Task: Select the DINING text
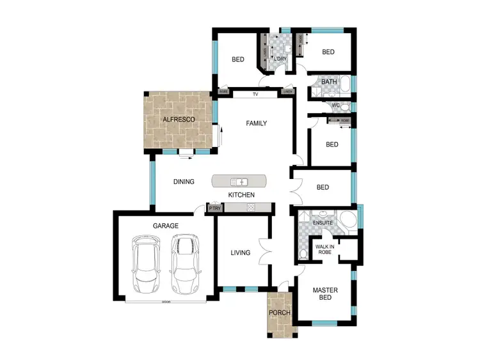tap(184, 182)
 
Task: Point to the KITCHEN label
tap(242, 195)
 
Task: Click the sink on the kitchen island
tap(239, 182)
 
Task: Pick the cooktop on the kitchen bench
tap(250, 207)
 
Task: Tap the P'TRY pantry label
tap(214, 208)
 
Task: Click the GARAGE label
tap(165, 226)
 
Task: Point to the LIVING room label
tap(240, 253)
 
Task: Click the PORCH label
tap(279, 313)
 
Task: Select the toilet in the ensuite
tap(303, 255)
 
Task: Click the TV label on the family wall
tap(255, 94)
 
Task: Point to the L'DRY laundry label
tap(280, 59)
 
